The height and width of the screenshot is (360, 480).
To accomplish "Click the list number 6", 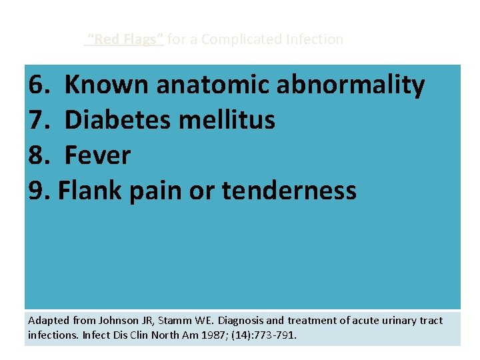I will coord(39,85).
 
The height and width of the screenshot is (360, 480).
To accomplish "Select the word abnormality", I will coord(355,85).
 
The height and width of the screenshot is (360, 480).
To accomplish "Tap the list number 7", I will coord(39,121).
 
